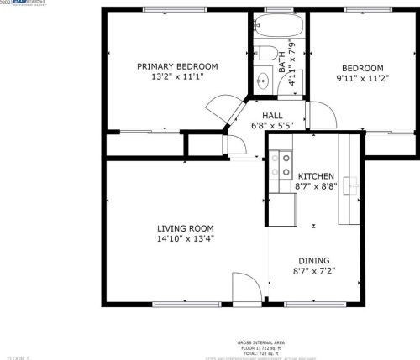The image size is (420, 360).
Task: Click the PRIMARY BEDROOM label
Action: (x=177, y=66)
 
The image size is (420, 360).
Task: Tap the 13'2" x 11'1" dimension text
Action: (x=177, y=76)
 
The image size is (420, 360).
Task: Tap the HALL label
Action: (x=272, y=116)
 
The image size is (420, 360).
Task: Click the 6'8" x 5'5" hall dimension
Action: (x=272, y=126)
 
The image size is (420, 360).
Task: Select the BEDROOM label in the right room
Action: (x=362, y=69)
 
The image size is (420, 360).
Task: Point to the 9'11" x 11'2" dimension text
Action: (x=362, y=79)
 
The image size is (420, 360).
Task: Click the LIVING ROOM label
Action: (x=185, y=228)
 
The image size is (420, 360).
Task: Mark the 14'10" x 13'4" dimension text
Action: (x=185, y=238)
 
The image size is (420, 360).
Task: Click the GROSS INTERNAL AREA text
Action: (x=260, y=342)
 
